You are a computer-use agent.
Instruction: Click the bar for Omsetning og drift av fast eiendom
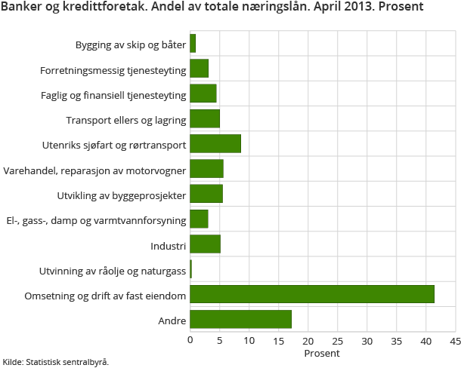pyautogui.click(x=311, y=294)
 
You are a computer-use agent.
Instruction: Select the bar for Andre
pyautogui.click(x=240, y=319)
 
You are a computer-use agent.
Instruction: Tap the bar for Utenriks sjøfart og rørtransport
pyautogui.click(x=215, y=143)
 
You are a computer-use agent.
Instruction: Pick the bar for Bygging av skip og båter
pyautogui.click(x=193, y=44)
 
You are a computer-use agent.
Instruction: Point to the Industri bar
pyautogui.click(x=205, y=244)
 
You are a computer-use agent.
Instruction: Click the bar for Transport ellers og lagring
pyautogui.click(x=204, y=118)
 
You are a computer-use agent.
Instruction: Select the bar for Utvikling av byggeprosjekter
pyautogui.click(x=206, y=194)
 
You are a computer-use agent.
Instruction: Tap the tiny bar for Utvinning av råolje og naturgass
pyautogui.click(x=190, y=269)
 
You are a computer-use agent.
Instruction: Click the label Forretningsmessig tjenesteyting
pyautogui.click(x=113, y=71)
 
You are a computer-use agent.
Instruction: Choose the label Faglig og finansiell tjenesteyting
pyautogui.click(x=113, y=96)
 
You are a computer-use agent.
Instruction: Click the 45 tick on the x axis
pyautogui.click(x=455, y=341)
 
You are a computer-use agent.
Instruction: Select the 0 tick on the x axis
pyautogui.click(x=190, y=341)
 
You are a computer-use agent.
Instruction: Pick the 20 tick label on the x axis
pyautogui.click(x=308, y=341)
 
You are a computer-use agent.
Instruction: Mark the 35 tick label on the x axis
pyautogui.click(x=396, y=341)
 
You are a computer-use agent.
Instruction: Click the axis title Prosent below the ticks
pyautogui.click(x=322, y=353)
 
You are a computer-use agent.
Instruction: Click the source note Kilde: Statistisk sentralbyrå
pyautogui.click(x=56, y=362)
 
